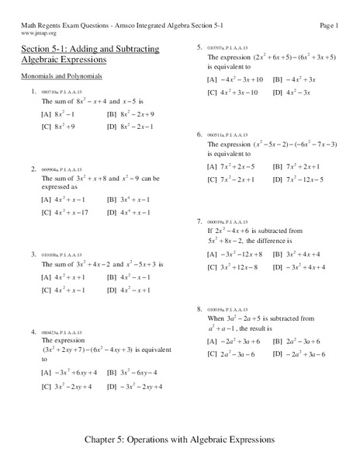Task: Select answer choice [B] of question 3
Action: coord(129,276)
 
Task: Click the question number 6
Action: coord(199,134)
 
